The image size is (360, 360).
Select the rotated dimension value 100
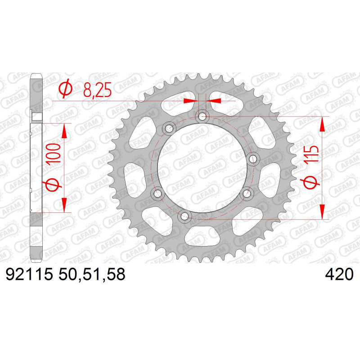53,153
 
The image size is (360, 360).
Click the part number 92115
29,274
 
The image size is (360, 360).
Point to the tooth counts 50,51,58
92,274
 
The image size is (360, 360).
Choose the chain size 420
339,274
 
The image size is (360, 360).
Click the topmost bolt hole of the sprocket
202,117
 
